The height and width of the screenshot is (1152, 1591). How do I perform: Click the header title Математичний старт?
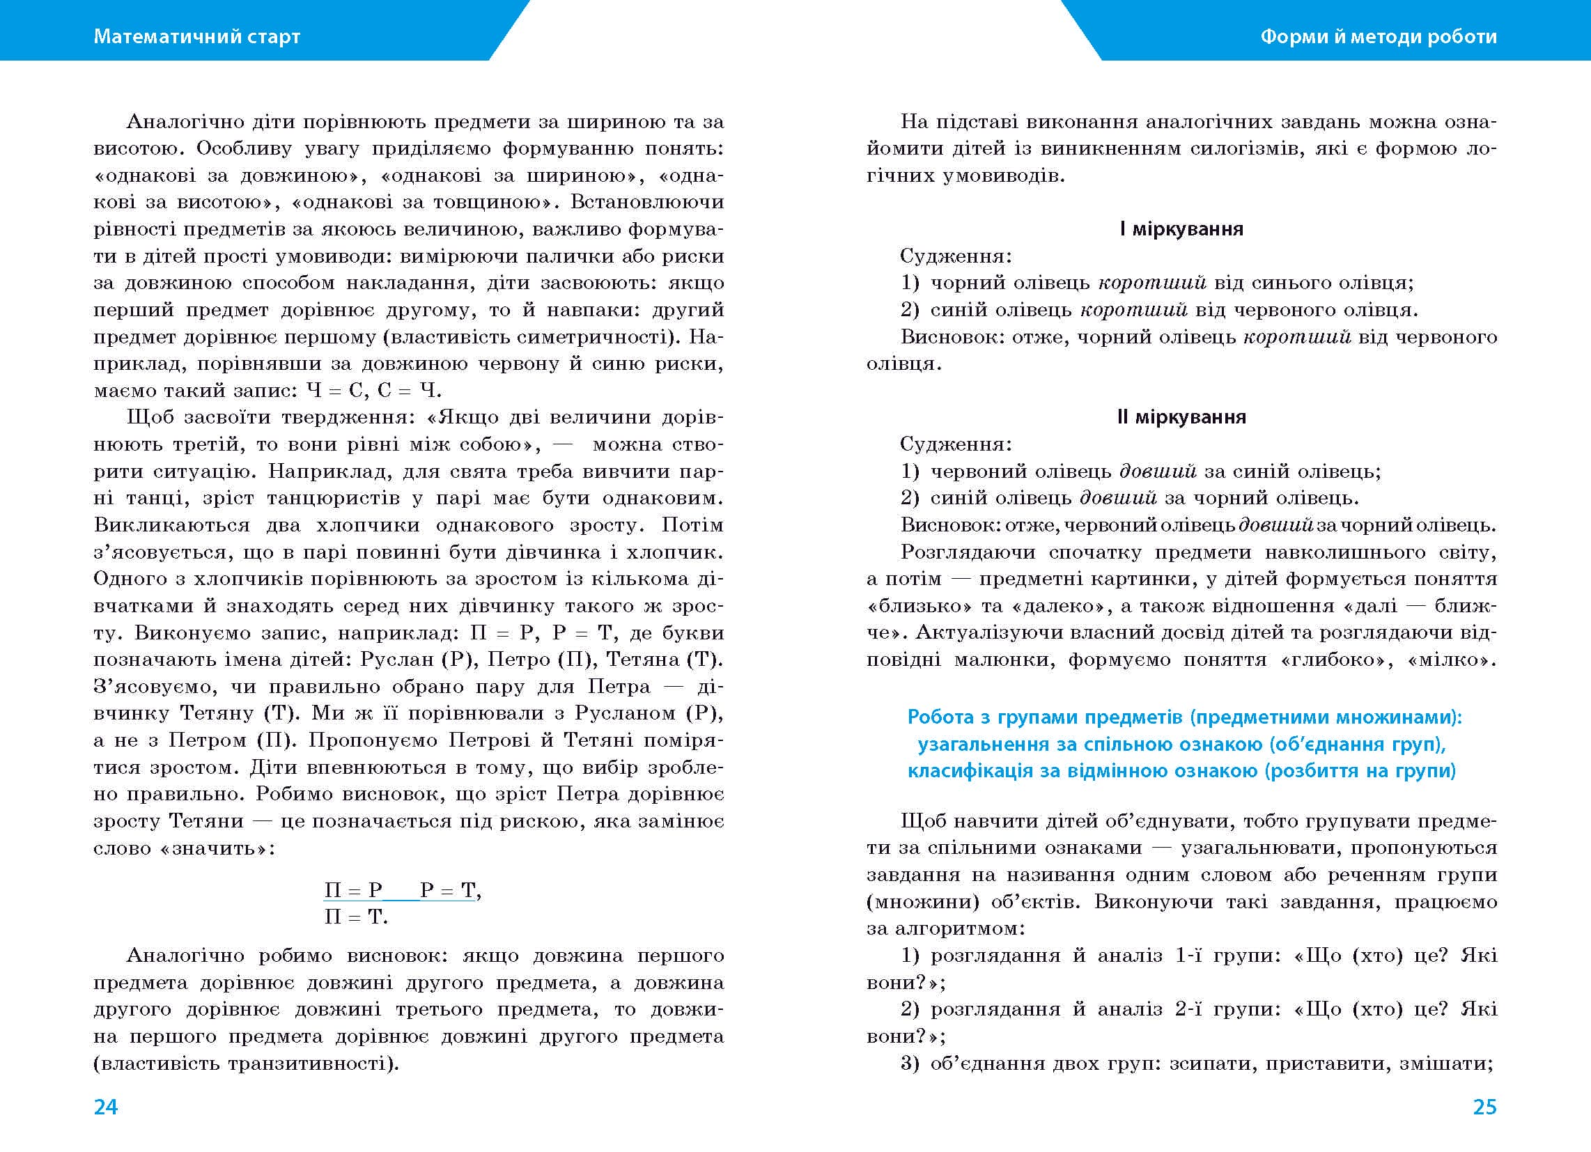[x=196, y=36]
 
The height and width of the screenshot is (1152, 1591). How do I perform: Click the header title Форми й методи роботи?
[x=1379, y=36]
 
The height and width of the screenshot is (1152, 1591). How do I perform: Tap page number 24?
[x=106, y=1107]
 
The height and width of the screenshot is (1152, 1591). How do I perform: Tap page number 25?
[x=1484, y=1107]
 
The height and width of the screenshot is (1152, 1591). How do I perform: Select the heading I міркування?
[x=1181, y=228]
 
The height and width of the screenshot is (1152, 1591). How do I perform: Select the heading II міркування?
[x=1181, y=417]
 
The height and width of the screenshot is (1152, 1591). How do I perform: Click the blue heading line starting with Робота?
[x=1185, y=716]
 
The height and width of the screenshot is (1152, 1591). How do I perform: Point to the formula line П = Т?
[x=356, y=917]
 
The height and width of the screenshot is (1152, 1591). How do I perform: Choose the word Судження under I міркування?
[x=955, y=256]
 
